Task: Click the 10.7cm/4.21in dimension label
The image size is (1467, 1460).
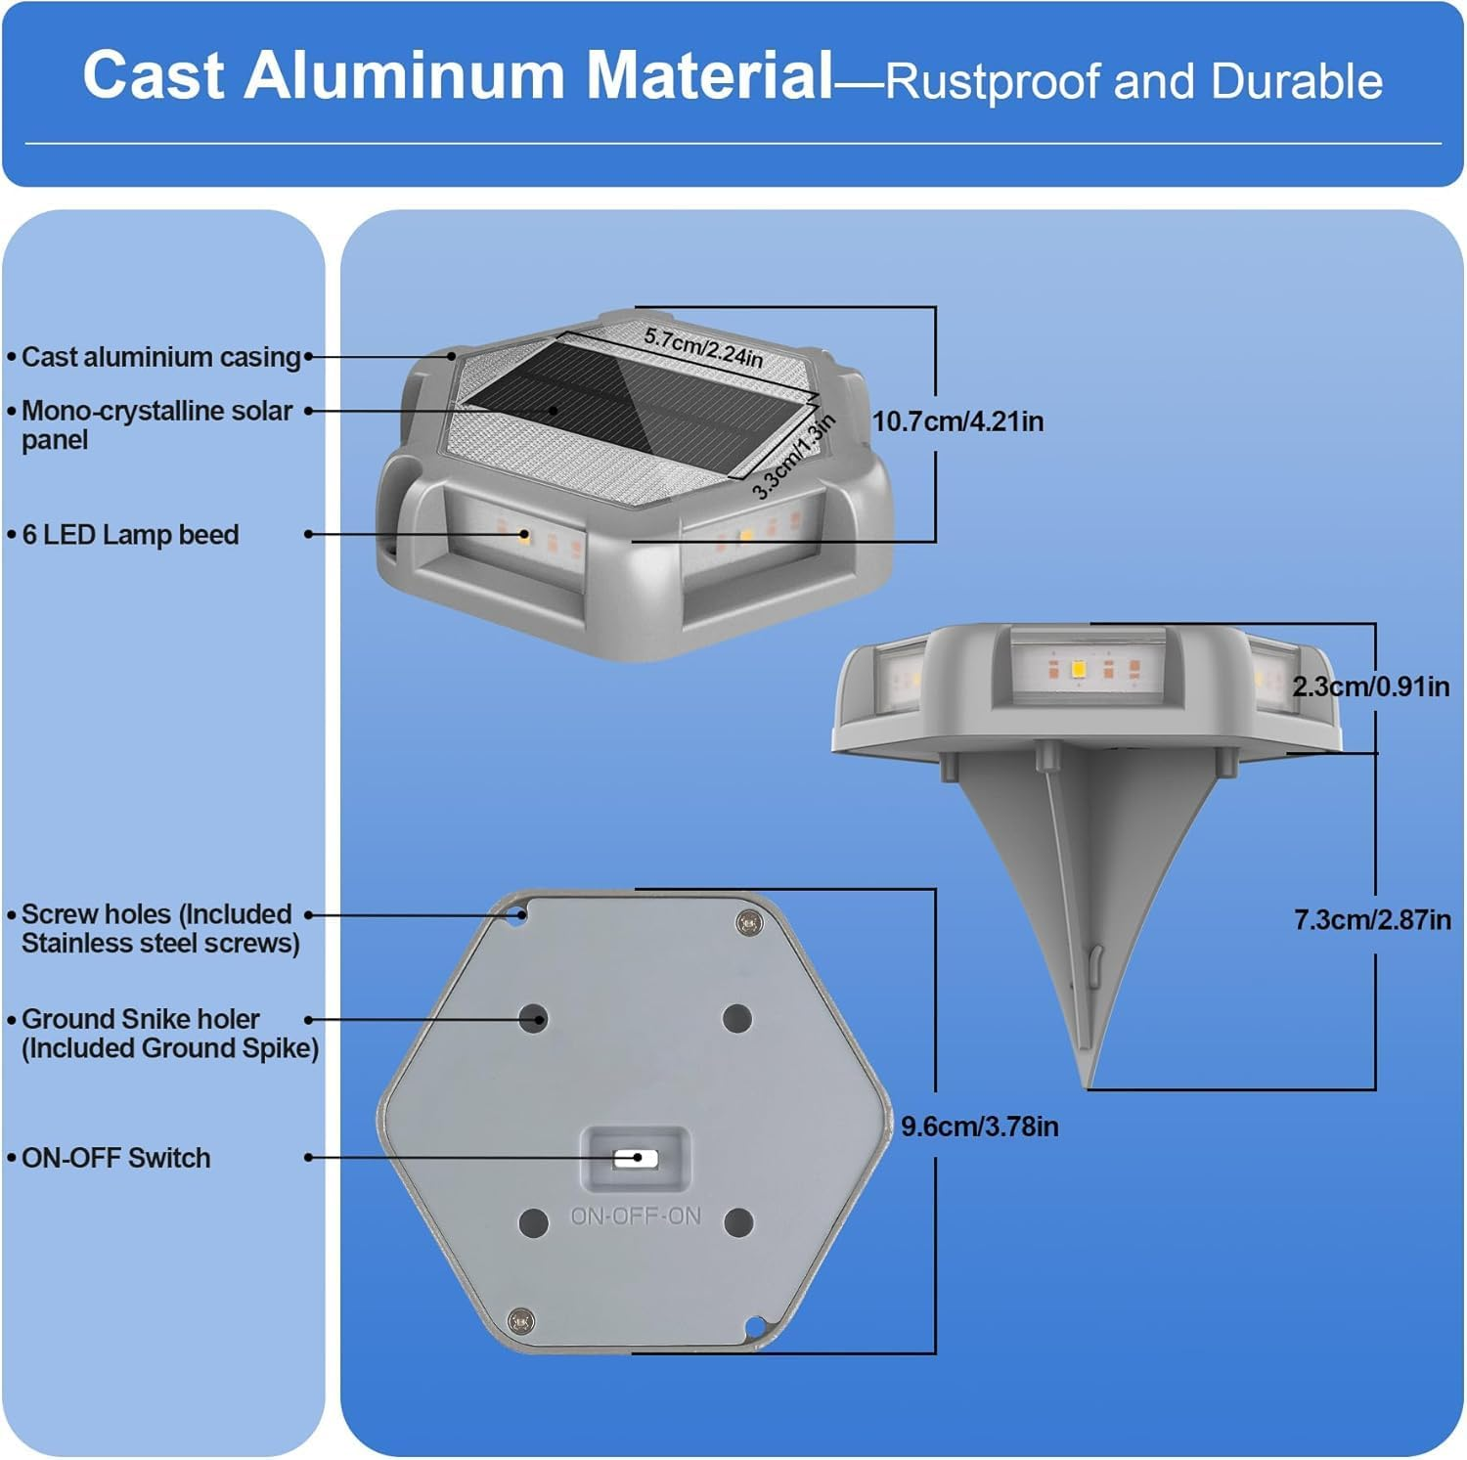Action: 957,421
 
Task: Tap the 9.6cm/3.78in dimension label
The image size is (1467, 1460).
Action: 979,1127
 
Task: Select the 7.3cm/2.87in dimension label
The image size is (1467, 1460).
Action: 1372,919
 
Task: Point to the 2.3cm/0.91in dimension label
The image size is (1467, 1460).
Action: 1370,686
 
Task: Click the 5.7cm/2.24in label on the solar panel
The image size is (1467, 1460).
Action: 703,347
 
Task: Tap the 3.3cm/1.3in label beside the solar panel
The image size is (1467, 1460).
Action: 794,456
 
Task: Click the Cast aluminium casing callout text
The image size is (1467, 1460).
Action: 160,357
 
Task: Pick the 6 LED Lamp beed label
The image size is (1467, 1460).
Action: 130,535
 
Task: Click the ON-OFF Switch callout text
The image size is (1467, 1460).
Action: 115,1158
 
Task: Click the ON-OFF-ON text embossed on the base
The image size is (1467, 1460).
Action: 635,1217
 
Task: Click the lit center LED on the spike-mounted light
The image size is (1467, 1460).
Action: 1079,670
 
